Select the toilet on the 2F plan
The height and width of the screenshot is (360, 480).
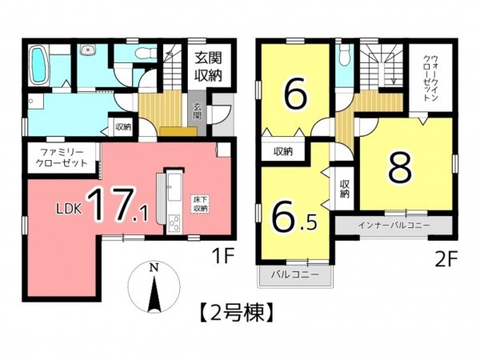343,56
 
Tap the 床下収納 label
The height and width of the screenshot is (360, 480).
199,203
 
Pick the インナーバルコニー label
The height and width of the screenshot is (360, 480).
394,225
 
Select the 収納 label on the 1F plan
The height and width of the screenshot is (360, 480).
122,126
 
